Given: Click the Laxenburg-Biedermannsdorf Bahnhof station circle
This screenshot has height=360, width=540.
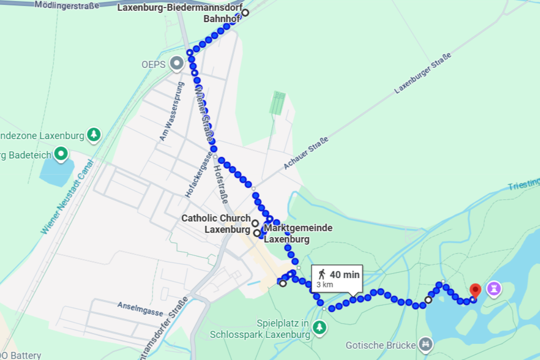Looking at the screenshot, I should (x=245, y=13).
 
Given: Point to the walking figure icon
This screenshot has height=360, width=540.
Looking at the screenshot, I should (x=322, y=274).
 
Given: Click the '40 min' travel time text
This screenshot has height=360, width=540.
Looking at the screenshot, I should (x=345, y=274).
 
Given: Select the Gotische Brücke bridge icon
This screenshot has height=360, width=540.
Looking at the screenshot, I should (x=424, y=345).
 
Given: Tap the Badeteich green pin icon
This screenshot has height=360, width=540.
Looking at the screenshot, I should (x=61, y=154).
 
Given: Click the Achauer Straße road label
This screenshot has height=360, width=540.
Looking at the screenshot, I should (x=306, y=153).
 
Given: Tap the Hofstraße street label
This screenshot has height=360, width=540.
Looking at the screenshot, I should (x=221, y=182).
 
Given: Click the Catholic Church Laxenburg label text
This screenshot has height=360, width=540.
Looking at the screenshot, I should (x=216, y=224).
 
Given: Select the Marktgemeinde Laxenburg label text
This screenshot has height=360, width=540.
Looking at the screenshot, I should (x=298, y=234).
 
